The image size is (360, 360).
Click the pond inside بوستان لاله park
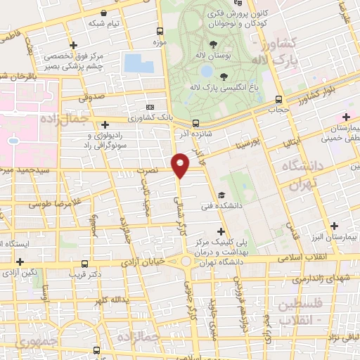pyautogui.click(x=206, y=72)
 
